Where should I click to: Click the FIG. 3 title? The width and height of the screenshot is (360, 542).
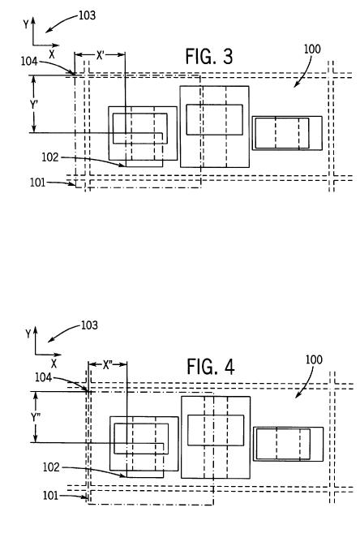point(209,56)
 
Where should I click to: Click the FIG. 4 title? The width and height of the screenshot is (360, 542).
point(211,367)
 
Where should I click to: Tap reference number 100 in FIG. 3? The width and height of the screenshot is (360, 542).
point(312,49)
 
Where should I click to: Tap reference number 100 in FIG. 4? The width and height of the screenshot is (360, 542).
point(314,359)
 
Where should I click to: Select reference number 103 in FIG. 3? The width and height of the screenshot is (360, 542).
point(87,15)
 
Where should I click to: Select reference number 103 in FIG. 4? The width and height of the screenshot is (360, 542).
point(89,325)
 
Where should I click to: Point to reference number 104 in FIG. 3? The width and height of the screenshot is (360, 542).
point(29,61)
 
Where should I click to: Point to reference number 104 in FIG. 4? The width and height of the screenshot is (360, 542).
point(43,377)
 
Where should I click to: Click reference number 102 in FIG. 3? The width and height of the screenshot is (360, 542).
point(50,157)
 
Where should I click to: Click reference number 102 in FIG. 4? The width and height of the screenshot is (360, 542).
point(51,467)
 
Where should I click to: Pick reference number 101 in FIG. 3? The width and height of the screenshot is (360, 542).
point(37,183)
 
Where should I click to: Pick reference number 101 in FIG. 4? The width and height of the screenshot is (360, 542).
point(50,496)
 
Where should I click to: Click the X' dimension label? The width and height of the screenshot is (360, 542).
point(100,55)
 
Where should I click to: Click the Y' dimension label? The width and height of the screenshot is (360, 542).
point(33,104)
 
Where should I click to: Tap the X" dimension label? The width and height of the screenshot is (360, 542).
point(108,364)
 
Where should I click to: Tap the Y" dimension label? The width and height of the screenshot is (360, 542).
point(36,417)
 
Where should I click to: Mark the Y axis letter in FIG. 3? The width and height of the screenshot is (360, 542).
point(26,24)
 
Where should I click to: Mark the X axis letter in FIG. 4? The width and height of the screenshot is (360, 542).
point(54,363)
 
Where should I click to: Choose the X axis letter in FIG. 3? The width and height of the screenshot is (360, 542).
point(52,54)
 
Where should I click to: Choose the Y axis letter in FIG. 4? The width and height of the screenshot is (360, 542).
point(28,333)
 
